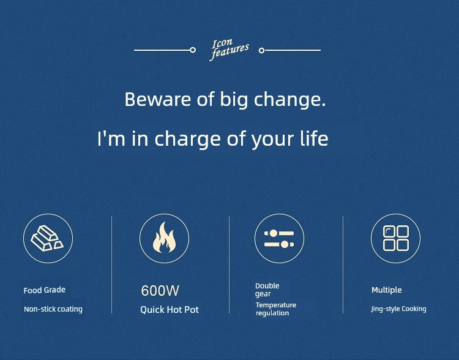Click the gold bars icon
click(47, 238)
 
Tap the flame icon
click(164, 238)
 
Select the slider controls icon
click(279, 238)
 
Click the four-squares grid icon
click(396, 238)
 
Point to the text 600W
click(160, 291)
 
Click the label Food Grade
click(45, 290)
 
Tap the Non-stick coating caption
click(53, 309)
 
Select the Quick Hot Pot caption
click(170, 310)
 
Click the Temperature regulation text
click(276, 309)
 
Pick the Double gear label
click(267, 290)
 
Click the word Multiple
click(386, 290)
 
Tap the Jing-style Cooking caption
click(398, 309)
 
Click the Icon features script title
click(229, 50)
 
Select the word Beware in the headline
click(158, 99)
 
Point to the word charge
click(187, 138)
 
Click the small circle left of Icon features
click(193, 50)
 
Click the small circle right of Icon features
click(262, 51)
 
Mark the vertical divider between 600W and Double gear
click(229, 265)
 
